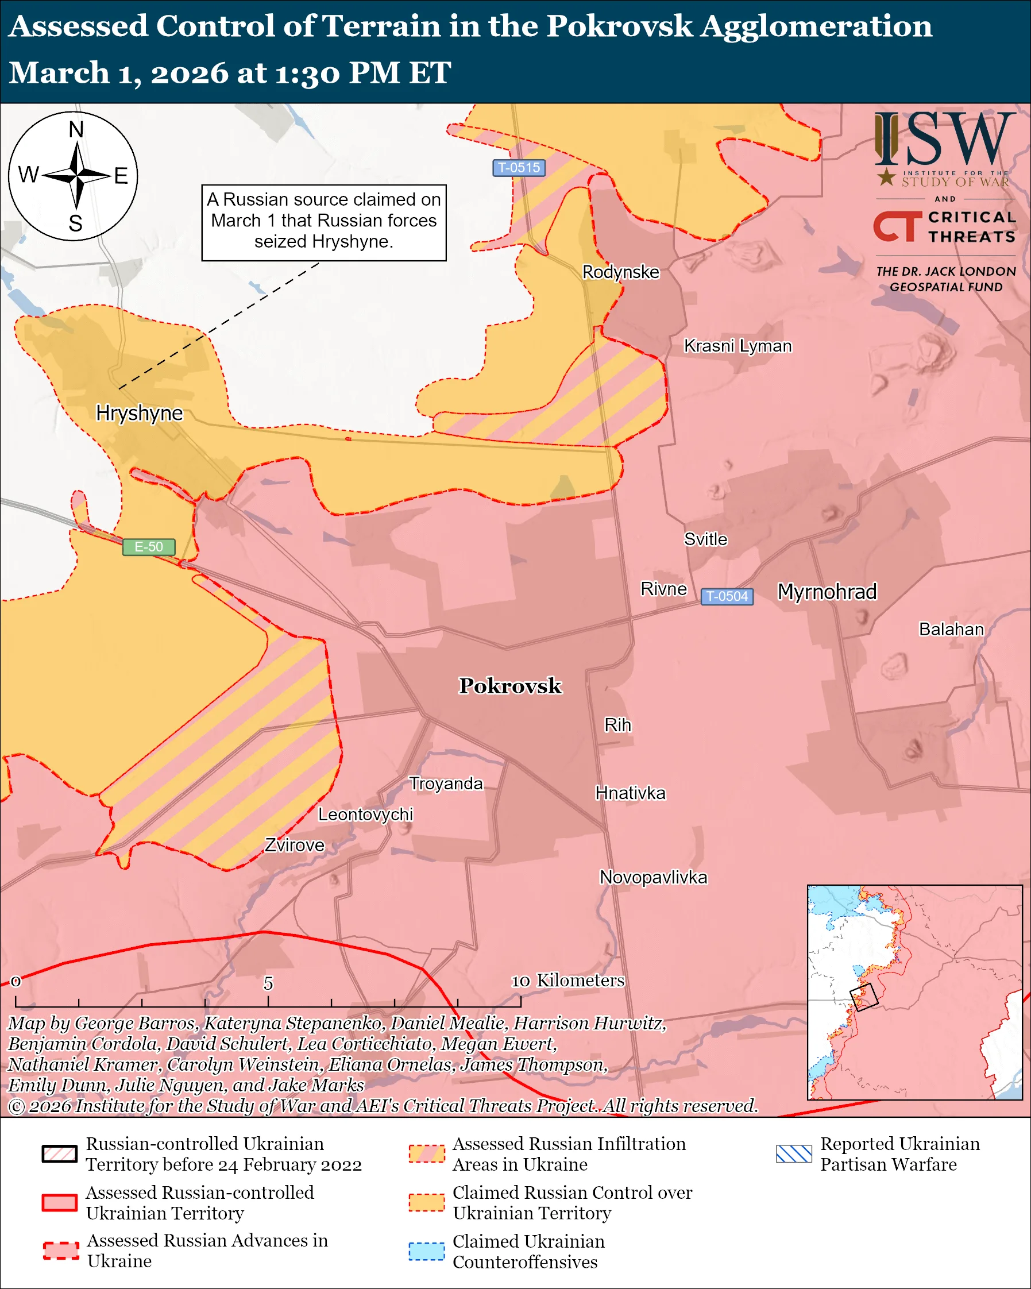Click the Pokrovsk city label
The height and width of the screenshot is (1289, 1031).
[x=510, y=686]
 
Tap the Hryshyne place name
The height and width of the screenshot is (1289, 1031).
[x=139, y=413]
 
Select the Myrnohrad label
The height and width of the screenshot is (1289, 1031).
[x=827, y=592]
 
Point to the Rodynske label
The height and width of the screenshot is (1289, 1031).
[x=620, y=272]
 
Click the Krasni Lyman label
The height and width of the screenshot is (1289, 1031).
[x=737, y=346]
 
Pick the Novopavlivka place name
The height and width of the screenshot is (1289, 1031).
[x=653, y=878]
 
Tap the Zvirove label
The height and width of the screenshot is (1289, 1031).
[x=295, y=846]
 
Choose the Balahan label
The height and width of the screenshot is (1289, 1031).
[x=951, y=630]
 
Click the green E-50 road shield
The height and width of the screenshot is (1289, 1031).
[x=149, y=547]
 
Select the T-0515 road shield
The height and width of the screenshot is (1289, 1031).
[x=519, y=168]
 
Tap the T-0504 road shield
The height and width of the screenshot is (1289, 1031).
[x=727, y=597]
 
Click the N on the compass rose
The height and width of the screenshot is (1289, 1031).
[x=76, y=130]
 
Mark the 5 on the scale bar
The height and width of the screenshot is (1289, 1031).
[x=268, y=983]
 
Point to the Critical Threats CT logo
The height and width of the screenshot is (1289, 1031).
[x=897, y=226]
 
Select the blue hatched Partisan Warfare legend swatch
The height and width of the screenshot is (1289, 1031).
[x=794, y=1154]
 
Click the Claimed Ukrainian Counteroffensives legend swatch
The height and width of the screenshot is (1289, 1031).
[x=426, y=1251]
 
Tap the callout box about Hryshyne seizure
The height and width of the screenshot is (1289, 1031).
[x=324, y=222]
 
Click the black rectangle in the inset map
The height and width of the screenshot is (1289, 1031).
[x=864, y=997]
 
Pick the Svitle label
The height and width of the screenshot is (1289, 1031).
[x=705, y=539]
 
